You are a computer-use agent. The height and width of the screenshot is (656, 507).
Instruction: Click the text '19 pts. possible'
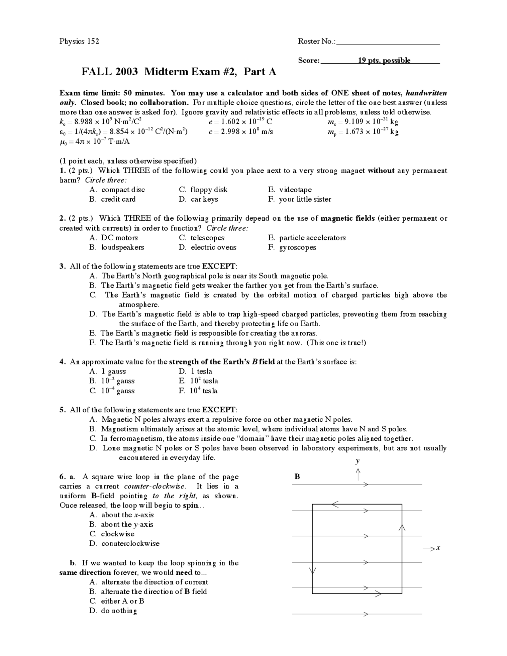(x=384, y=61)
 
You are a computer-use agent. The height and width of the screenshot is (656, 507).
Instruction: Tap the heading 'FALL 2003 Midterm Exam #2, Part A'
(x=179, y=72)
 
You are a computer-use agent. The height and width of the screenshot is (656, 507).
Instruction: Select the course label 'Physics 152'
(x=79, y=41)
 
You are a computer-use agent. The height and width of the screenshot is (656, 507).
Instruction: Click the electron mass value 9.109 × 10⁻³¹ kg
(x=361, y=122)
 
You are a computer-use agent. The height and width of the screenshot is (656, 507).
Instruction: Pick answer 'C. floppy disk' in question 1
(x=203, y=190)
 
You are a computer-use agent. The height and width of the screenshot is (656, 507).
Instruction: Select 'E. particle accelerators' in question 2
(x=307, y=238)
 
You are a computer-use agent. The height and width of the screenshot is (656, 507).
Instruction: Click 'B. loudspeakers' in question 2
(x=117, y=247)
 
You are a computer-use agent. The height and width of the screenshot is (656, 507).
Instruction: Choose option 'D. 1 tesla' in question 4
(x=196, y=371)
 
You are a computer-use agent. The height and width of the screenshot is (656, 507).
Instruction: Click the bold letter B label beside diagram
(x=297, y=477)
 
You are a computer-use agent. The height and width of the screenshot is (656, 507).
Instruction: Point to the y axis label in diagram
(x=358, y=461)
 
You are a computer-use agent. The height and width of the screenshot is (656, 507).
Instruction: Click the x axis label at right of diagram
(x=438, y=548)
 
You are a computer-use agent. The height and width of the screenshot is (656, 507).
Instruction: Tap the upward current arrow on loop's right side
(x=402, y=528)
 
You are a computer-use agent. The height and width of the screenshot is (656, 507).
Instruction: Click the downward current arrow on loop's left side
(x=313, y=570)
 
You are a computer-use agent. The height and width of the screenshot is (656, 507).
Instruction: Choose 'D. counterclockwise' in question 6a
(x=125, y=543)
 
